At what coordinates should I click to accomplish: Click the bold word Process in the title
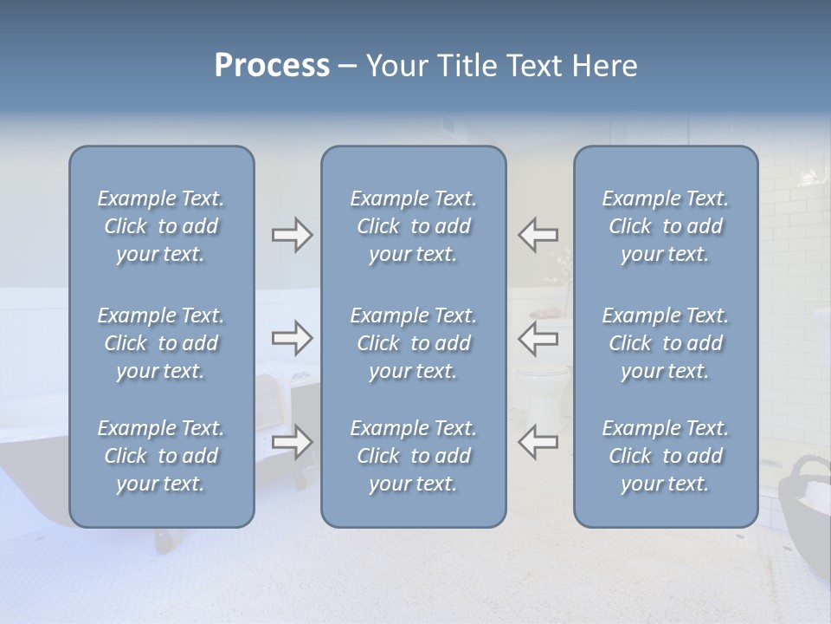272,66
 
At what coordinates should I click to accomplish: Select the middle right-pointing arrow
293,338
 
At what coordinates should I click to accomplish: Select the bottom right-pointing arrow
293,442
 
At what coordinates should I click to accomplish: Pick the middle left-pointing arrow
538,338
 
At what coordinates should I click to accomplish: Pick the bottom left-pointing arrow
538,442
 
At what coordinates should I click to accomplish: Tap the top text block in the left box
161,226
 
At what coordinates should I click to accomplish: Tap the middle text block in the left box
161,343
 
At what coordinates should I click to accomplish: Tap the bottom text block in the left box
161,456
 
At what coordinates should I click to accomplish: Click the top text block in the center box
413,226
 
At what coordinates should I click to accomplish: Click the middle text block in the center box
413,343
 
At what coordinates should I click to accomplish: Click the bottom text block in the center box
413,456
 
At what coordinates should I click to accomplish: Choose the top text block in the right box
666,226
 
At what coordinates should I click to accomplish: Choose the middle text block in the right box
666,343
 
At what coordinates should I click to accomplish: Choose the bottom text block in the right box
666,456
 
